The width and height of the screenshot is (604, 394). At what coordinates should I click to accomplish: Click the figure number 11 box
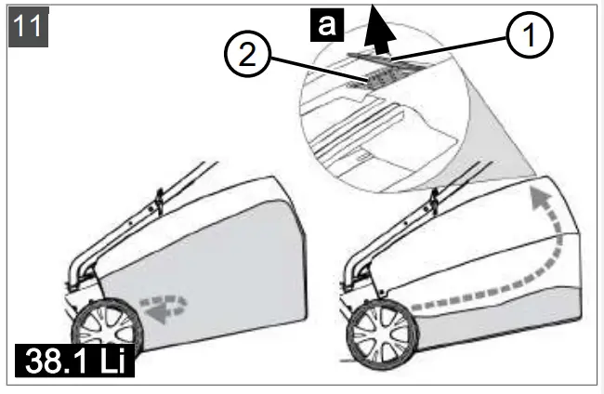point(29,25)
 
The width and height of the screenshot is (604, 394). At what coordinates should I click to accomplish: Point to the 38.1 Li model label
point(75,357)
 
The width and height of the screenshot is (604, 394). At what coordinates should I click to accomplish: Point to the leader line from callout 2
point(307,70)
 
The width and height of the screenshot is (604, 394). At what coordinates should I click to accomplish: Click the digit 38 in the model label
point(44,358)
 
